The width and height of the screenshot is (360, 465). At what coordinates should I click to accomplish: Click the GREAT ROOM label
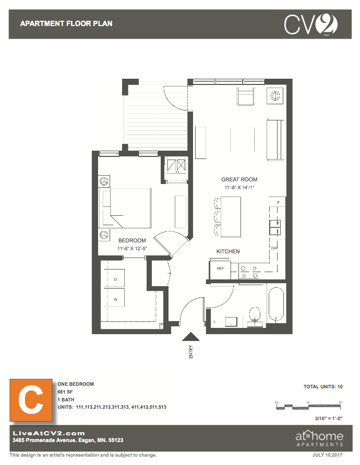[x=239, y=179]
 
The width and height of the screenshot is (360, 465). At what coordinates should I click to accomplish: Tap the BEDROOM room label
[x=132, y=240]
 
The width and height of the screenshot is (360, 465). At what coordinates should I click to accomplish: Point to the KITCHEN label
[x=228, y=251]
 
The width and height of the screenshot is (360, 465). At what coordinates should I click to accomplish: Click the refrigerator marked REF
[x=220, y=268]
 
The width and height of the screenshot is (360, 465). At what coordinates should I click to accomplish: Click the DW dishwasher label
[x=274, y=248]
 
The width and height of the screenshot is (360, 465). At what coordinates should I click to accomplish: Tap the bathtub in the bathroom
[x=276, y=304]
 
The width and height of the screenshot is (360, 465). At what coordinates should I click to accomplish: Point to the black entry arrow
[x=190, y=337]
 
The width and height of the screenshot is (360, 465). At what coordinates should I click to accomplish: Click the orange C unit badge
[x=31, y=400]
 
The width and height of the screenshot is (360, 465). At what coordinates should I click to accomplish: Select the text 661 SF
[x=65, y=391]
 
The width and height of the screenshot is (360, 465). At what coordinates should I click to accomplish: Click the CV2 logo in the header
[x=311, y=25]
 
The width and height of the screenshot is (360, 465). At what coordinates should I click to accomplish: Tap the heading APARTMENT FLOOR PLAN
[x=66, y=24]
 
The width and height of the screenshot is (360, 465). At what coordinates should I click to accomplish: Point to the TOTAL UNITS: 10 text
[x=323, y=387]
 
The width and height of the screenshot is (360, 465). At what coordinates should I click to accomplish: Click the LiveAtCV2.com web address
[x=49, y=433]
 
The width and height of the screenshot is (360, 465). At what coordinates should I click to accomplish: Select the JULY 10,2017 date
[x=327, y=455]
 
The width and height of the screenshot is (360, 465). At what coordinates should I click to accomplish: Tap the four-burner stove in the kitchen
[x=249, y=272]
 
